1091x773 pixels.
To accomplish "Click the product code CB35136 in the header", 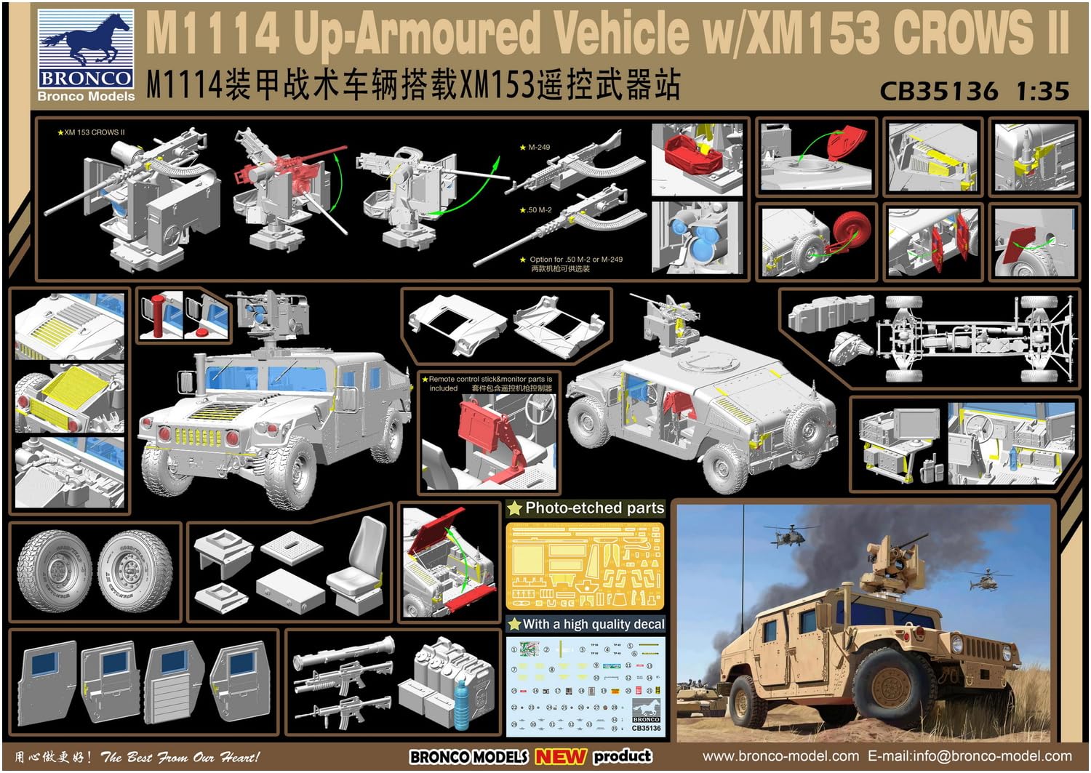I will point(938,92).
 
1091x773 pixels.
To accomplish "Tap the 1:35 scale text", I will point(1042,92).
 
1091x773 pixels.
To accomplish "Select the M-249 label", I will point(538,148).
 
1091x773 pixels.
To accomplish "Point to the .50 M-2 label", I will point(538,210).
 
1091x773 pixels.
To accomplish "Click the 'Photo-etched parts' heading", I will point(594,508).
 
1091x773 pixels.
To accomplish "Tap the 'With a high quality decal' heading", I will point(593,624).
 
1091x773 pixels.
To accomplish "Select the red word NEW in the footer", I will point(560,756).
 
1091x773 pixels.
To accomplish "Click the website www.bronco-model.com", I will point(780,756).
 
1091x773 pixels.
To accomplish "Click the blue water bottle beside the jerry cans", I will point(463,701).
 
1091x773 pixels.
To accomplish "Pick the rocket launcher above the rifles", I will point(344,654).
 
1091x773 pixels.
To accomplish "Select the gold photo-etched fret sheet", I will point(585,566).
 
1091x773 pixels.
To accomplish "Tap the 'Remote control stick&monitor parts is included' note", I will point(490,383).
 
